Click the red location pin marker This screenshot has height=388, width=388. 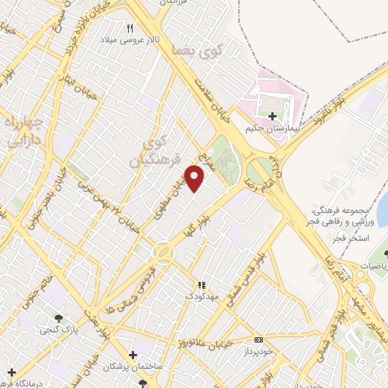pos(196,179)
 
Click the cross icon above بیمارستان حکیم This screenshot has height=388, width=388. pos(272,116)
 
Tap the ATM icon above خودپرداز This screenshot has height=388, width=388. pos(258,339)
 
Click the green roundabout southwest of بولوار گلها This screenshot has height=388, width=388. pos(163,252)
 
